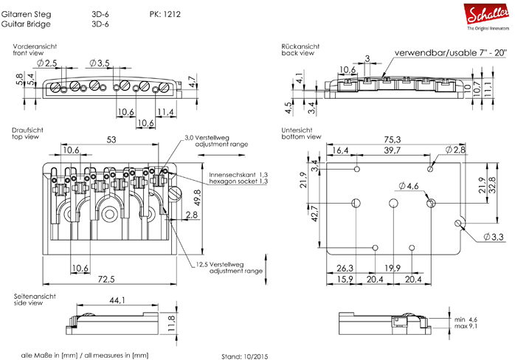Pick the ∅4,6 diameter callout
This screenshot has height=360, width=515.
point(409,186)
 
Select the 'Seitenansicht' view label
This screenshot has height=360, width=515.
point(32,295)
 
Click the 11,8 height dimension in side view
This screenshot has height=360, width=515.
point(170,322)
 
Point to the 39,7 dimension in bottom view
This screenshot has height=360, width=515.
point(391,150)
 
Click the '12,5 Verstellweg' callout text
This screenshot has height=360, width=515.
point(223,263)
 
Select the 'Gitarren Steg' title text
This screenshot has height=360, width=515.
point(32,14)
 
